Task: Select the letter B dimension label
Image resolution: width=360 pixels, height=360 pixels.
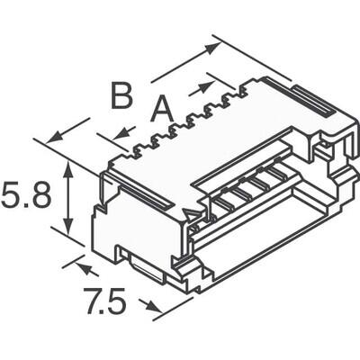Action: point(122,94)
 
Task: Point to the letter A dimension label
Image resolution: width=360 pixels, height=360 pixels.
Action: point(160,110)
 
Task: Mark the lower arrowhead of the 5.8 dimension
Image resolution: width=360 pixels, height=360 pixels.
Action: point(69,227)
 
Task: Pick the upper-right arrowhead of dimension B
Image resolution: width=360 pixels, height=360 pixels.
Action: point(215,45)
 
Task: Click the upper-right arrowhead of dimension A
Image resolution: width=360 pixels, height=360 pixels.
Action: point(210,86)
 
